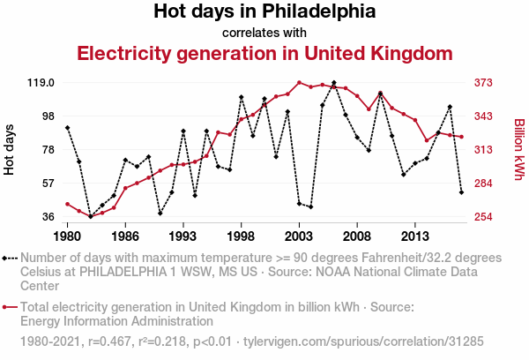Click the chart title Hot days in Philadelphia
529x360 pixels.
click(x=264, y=12)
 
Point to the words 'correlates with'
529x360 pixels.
click(x=264, y=33)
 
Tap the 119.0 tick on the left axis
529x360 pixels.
click(x=41, y=83)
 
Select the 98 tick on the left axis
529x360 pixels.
click(x=48, y=116)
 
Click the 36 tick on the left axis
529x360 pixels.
click(x=48, y=217)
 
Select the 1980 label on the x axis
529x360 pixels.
click(x=68, y=236)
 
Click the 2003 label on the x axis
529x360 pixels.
click(x=299, y=236)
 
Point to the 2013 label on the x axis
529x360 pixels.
click(x=414, y=236)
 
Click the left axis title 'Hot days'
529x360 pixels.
click(x=10, y=150)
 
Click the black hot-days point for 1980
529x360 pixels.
click(x=68, y=128)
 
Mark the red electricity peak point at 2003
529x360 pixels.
click(x=300, y=82)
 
